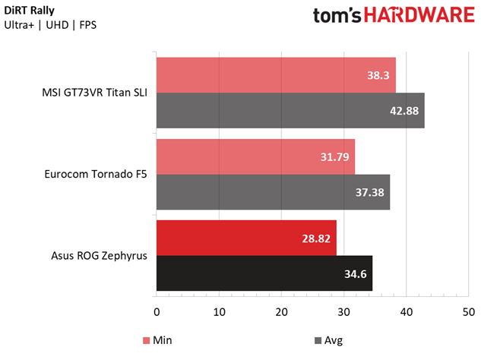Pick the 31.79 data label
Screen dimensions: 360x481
pyautogui.click(x=335, y=157)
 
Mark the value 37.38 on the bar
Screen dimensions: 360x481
pyautogui.click(x=370, y=193)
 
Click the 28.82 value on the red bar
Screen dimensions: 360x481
pyautogui.click(x=317, y=238)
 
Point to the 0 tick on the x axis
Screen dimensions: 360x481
pyautogui.click(x=157, y=311)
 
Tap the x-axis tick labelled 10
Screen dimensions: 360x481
pyautogui.click(x=219, y=311)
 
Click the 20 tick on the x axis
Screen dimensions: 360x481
pyautogui.click(x=281, y=311)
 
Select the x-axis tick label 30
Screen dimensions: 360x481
pyautogui.click(x=343, y=311)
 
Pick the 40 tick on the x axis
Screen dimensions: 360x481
pyautogui.click(x=406, y=311)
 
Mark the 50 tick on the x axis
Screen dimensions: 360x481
pyautogui.click(x=468, y=311)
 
